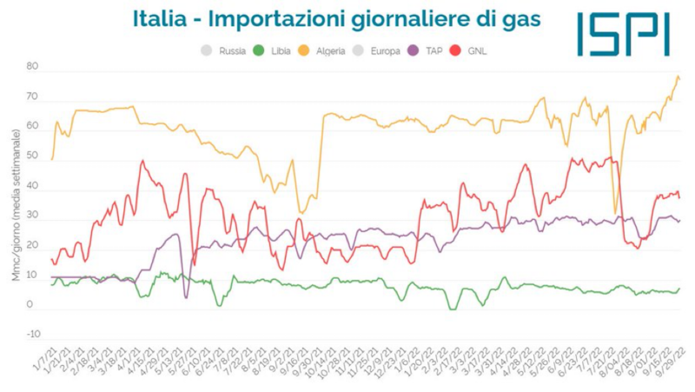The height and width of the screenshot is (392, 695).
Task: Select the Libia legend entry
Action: point(275,51)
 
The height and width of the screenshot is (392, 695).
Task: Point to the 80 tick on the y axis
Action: point(34,67)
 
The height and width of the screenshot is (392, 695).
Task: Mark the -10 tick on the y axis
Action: point(32,335)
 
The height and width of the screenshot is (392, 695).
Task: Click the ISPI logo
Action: point(623,34)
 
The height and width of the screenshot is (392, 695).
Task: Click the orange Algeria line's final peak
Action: point(677,76)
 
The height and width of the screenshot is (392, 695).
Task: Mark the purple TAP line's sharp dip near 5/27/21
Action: point(186,297)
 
